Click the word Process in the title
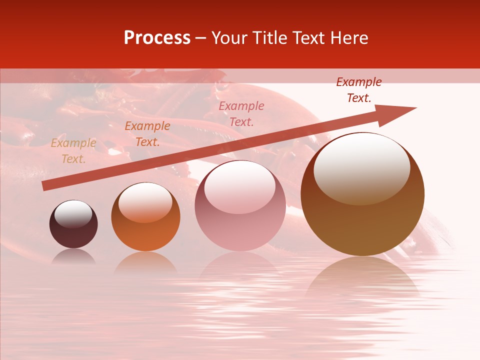click(x=157, y=38)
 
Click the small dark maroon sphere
click(x=73, y=224)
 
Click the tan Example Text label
click(x=73, y=151)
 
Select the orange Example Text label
click(x=147, y=134)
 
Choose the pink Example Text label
click(x=241, y=113)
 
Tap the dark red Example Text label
click(x=358, y=90)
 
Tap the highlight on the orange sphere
click(x=145, y=201)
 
